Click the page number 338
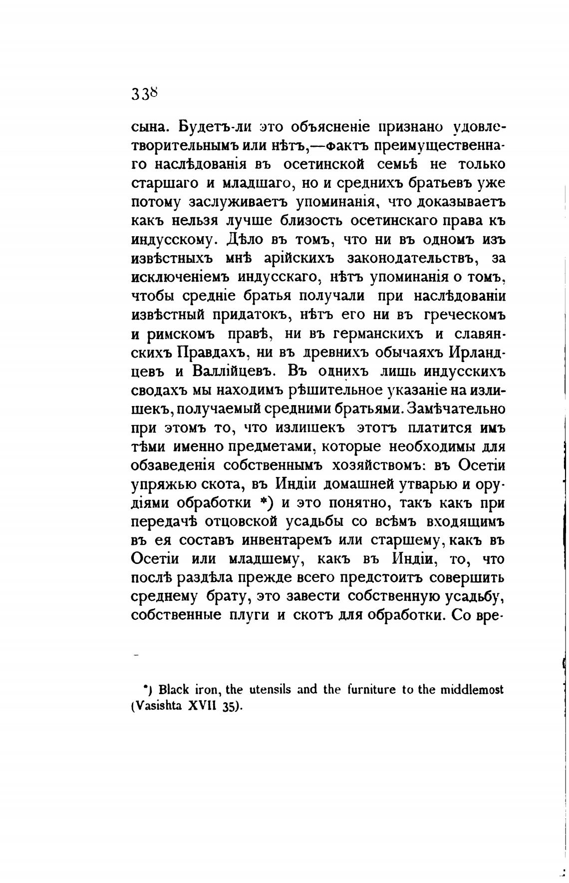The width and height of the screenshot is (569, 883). coord(145,93)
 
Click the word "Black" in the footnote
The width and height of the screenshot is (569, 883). coord(174,690)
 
